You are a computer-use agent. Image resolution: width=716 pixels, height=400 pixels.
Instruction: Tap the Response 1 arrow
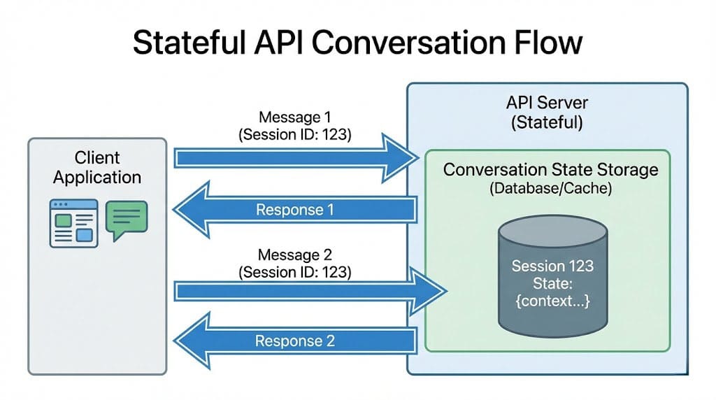click(x=294, y=209)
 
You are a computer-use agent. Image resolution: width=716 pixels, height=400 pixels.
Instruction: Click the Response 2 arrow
click(x=294, y=341)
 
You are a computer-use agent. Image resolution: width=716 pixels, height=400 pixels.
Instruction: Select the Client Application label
click(x=97, y=167)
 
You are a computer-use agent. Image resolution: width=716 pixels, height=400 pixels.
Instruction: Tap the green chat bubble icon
click(x=127, y=218)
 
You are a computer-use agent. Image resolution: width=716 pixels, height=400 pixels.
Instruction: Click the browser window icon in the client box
click(x=73, y=223)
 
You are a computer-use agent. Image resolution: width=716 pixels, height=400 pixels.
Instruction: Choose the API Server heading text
click(x=547, y=103)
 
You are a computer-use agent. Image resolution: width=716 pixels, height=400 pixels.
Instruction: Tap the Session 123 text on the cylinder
click(x=552, y=266)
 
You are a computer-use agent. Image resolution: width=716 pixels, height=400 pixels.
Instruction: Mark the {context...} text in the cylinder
click(x=552, y=302)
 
